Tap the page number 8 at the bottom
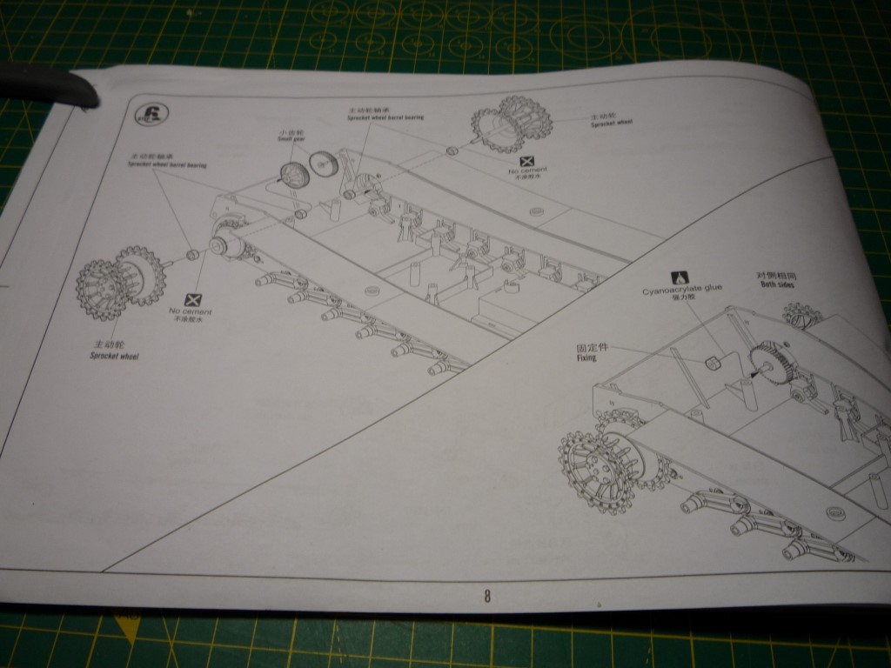tap(487, 596)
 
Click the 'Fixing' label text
tap(592, 351)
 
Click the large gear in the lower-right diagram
tap(772, 365)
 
